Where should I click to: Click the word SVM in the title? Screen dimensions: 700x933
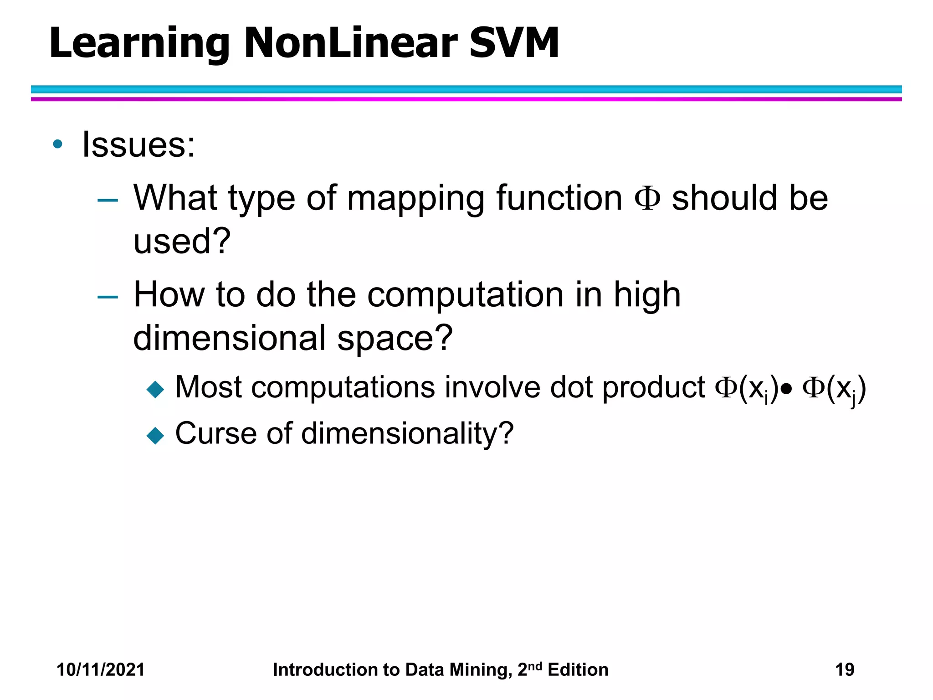[x=513, y=43]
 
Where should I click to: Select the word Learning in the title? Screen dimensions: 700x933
[x=139, y=44]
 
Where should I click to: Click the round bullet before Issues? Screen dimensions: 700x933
[x=57, y=144]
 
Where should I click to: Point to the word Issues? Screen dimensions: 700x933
[x=138, y=144]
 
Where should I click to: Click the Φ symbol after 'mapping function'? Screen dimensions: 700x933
[x=647, y=199]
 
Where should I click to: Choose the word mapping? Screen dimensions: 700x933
[x=416, y=200]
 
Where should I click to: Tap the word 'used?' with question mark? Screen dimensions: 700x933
[x=182, y=241]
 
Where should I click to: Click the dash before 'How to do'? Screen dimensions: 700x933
[x=108, y=297]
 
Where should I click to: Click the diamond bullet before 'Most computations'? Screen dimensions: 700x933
[x=155, y=390]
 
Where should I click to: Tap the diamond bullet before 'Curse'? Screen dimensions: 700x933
[x=155, y=435]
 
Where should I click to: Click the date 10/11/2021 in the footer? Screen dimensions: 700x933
[x=100, y=669]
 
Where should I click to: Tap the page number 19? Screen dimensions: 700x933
[x=845, y=669]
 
